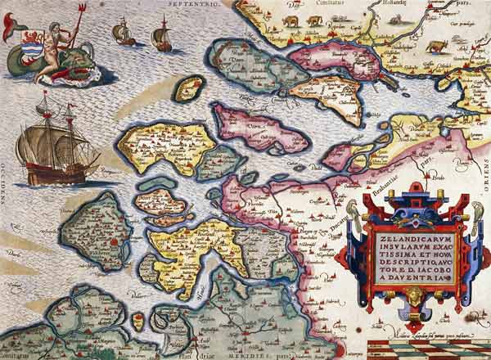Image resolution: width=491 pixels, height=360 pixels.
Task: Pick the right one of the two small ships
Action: [162, 37]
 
